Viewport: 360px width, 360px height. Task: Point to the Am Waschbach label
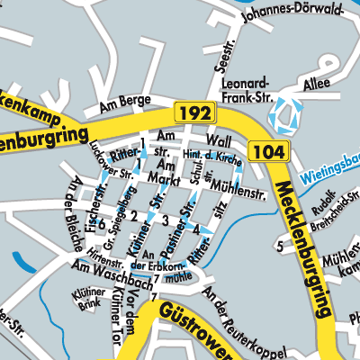click(x=98, y=271)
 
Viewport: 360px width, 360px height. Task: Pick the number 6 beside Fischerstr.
click(x=102, y=222)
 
